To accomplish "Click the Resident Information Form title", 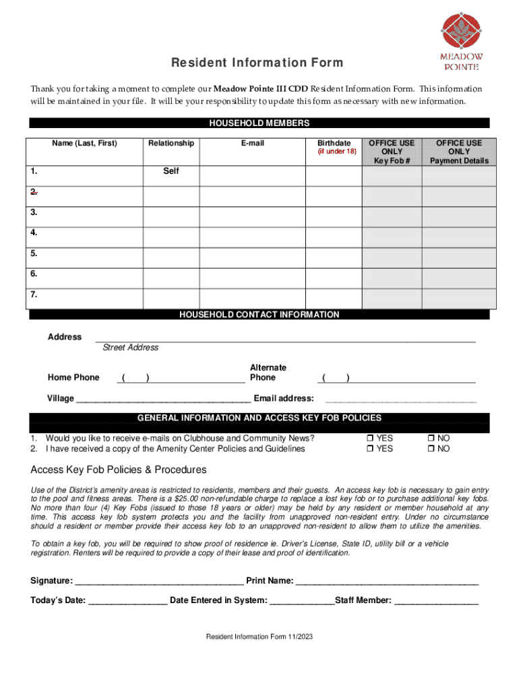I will tap(257, 63).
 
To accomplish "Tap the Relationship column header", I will tap(171, 143).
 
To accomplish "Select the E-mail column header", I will tap(252, 143).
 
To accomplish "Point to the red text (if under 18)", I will tap(336, 152).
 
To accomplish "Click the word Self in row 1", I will tap(171, 171).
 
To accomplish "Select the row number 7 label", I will tap(34, 294).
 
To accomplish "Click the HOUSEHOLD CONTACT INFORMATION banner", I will tap(259, 315).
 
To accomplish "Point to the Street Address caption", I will tap(130, 348).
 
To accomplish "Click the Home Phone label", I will tap(73, 377).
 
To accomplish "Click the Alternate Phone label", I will tap(268, 373).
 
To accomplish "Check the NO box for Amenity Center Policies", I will tap(431, 449).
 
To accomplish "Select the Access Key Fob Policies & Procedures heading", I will tap(119, 470).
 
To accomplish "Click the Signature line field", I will tap(159, 580).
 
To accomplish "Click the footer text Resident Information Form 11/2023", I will tap(259, 637).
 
